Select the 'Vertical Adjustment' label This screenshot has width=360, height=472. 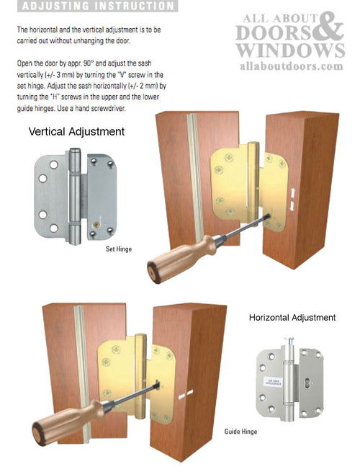(x=76, y=132)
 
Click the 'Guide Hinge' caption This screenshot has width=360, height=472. (x=221, y=432)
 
